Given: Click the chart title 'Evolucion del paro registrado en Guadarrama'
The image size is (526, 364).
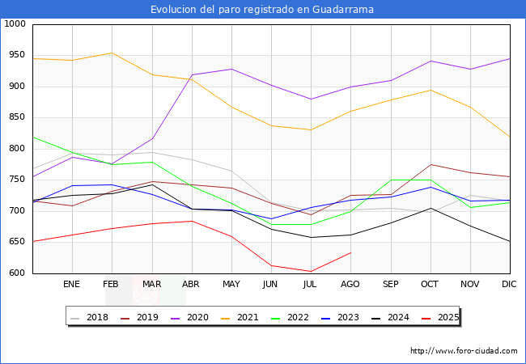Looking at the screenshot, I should tap(262, 10).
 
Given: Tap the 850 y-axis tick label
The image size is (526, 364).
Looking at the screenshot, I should tap(17, 117).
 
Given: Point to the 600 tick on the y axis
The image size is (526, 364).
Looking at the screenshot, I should tap(17, 273).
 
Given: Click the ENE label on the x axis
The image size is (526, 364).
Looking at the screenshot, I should tap(72, 285).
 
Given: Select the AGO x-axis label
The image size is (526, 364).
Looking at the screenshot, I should tap(350, 285).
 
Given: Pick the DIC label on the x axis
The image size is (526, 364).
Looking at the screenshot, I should tap(509, 285).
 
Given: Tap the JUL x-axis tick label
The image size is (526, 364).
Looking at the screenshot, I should tap(311, 285).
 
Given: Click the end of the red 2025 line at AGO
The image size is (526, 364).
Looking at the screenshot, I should tap(350, 252).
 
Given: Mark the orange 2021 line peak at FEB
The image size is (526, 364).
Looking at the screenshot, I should tap(112, 53).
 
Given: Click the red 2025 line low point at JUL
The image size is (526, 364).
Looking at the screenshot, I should tap(311, 271).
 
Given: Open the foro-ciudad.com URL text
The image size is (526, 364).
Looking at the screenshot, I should tap(464, 351).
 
